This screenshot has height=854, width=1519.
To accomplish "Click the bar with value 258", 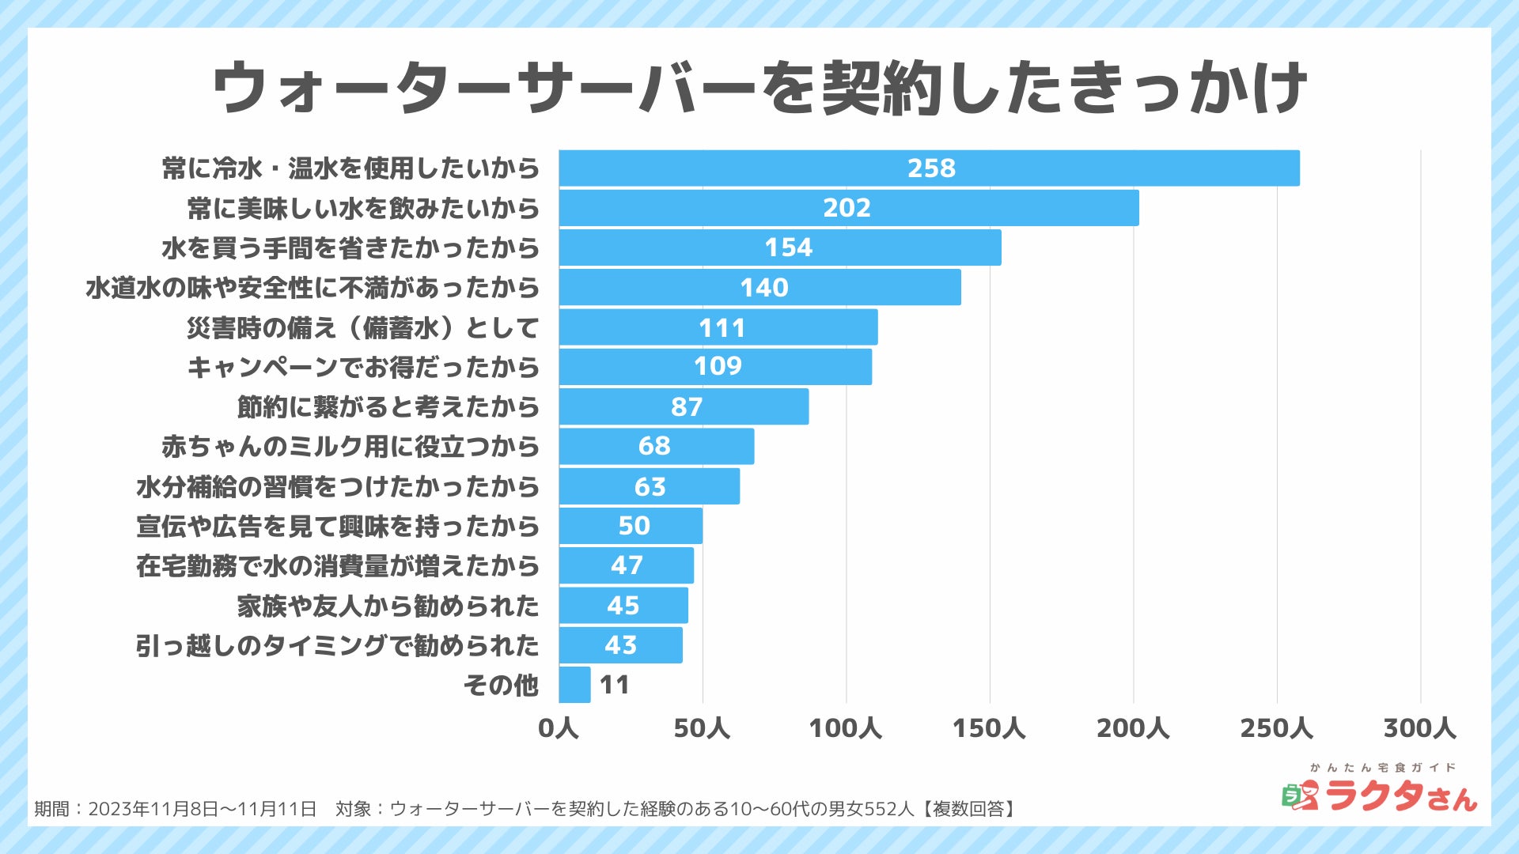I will [x=929, y=168].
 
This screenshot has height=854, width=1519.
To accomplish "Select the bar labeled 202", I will [x=848, y=208].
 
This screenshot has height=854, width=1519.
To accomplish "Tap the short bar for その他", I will [x=574, y=685].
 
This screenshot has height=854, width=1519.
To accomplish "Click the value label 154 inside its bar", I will [x=788, y=248].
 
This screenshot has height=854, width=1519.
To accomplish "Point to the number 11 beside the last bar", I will [x=615, y=685].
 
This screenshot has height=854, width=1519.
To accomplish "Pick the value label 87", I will [x=686, y=407].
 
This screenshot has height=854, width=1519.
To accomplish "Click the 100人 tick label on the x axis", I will [x=845, y=728].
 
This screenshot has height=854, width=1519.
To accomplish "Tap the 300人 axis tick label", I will [x=1419, y=728].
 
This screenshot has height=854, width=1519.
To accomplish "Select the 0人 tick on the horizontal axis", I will [x=559, y=728].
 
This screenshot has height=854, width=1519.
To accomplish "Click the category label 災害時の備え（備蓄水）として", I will [x=363, y=327].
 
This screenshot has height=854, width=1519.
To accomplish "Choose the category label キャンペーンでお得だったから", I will [x=363, y=368].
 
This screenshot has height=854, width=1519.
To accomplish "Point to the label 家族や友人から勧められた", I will [x=388, y=606].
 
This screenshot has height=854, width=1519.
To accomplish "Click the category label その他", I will [x=501, y=685].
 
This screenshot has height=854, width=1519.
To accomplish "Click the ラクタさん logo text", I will [x=1400, y=795].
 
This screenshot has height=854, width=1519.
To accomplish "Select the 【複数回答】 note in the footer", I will [x=966, y=809].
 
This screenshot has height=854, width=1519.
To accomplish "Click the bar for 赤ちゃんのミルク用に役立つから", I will [x=656, y=447].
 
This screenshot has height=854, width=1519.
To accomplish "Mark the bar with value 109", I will [x=715, y=367].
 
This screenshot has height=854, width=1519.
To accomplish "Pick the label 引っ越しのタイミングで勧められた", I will [x=338, y=646].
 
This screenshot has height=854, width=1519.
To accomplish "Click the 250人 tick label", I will [x=1275, y=728].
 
